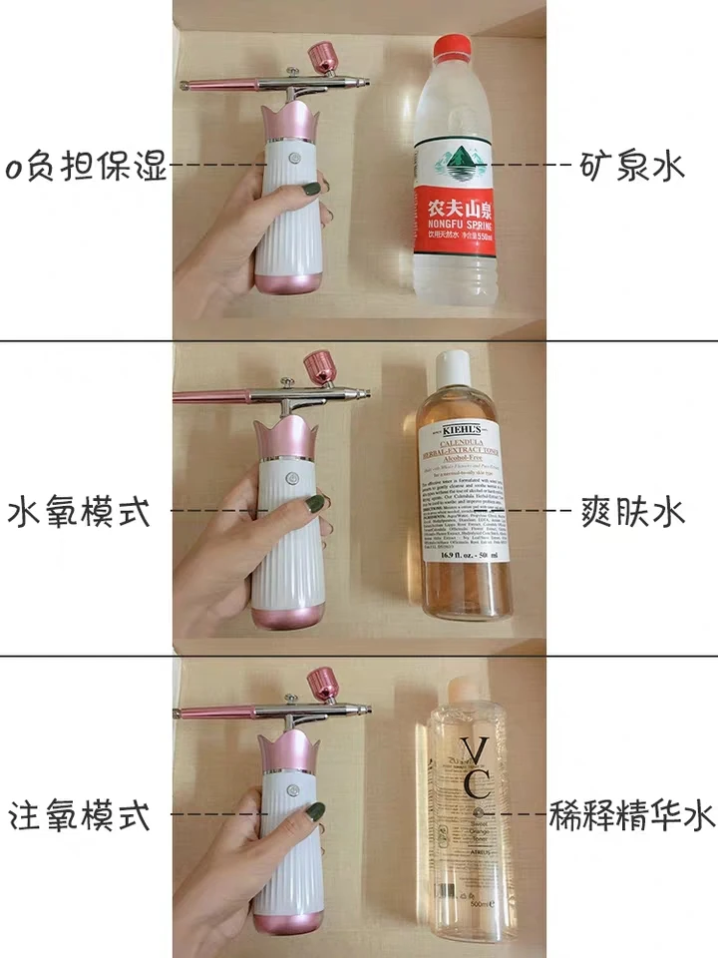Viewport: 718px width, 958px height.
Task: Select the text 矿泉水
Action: click(x=632, y=165)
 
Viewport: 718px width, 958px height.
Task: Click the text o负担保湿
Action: click(x=84, y=166)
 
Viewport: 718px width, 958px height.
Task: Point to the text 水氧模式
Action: click(x=80, y=512)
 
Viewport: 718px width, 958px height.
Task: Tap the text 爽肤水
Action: click(x=632, y=512)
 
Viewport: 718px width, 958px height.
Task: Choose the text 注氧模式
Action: click(x=80, y=815)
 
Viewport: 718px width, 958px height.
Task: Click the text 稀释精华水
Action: click(x=632, y=815)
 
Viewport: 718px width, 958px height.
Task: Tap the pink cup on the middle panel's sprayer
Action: click(x=320, y=366)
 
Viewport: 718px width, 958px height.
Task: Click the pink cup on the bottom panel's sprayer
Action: click(x=320, y=684)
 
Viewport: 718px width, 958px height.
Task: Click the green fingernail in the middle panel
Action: click(x=315, y=503)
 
